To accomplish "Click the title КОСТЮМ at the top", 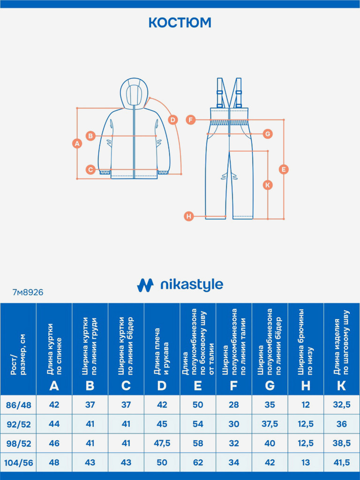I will (180, 22).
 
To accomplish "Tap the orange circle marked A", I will (78, 144).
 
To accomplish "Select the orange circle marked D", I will (172, 120).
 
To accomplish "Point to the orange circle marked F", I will (190, 120).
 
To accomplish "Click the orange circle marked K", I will (268, 185).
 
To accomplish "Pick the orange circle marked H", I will (188, 216).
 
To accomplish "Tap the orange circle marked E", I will (283, 169).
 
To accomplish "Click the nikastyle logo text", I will (191, 285).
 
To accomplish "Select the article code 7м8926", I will (28, 292).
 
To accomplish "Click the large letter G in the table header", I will (270, 386).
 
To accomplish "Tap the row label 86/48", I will (18, 405).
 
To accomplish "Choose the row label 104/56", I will (18, 463).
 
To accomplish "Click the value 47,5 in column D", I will (162, 443).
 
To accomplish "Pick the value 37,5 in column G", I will (270, 424).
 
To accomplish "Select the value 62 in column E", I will (198, 463).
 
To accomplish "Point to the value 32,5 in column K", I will (342, 405).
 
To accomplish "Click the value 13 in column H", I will (306, 463).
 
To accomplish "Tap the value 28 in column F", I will (234, 405).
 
